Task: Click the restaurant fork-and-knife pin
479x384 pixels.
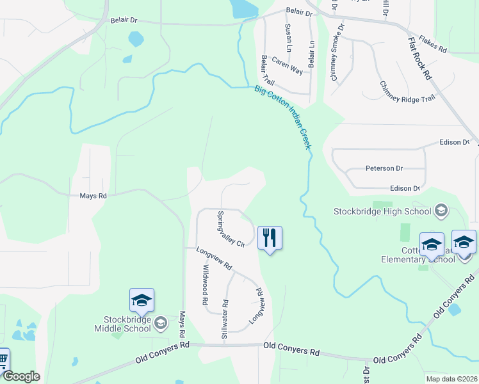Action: (x=270, y=239)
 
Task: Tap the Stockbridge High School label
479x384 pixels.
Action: (x=383, y=211)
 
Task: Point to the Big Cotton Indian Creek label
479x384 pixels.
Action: (x=282, y=117)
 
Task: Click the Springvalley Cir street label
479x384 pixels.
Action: (x=231, y=229)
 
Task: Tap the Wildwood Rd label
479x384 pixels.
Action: (x=206, y=284)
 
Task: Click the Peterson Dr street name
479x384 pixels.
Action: (x=384, y=168)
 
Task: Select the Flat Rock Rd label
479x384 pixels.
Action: (x=419, y=58)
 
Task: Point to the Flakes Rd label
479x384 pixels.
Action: (x=433, y=44)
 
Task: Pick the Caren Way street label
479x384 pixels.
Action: (x=288, y=65)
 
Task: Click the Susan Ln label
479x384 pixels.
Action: (x=288, y=38)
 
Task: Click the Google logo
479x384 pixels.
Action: (x=20, y=376)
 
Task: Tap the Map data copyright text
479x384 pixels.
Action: (x=451, y=379)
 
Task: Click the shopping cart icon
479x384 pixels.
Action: (x=3, y=360)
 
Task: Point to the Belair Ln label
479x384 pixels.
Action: (x=312, y=54)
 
